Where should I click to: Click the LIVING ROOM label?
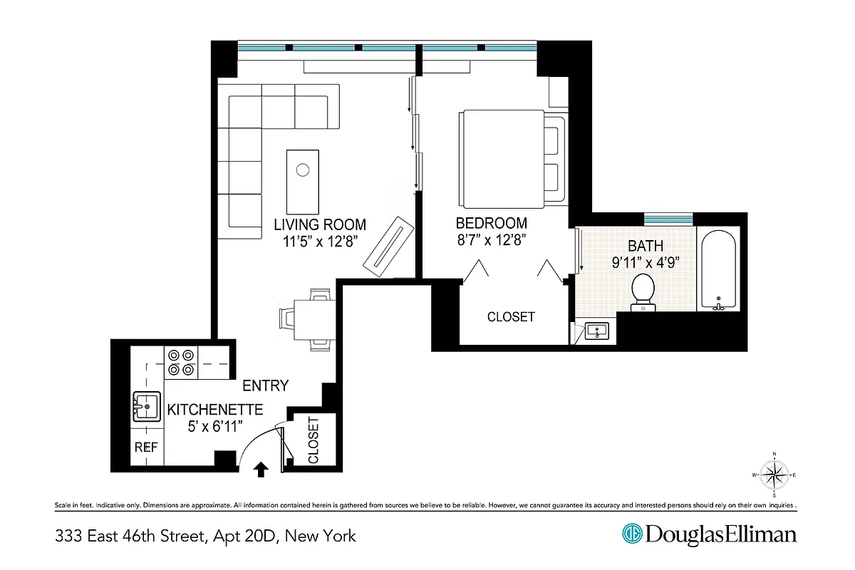click(320, 224)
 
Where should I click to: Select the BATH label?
click(646, 246)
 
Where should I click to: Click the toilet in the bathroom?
click(643, 292)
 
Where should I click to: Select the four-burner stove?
click(180, 361)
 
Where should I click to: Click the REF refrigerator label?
click(145, 448)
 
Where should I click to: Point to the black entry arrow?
click(261, 468)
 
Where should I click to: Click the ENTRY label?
click(265, 386)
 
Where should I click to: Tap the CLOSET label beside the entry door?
click(313, 440)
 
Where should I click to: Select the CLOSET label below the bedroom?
click(511, 316)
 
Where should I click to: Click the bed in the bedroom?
click(506, 157)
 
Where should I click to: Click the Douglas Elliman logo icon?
click(631, 534)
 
